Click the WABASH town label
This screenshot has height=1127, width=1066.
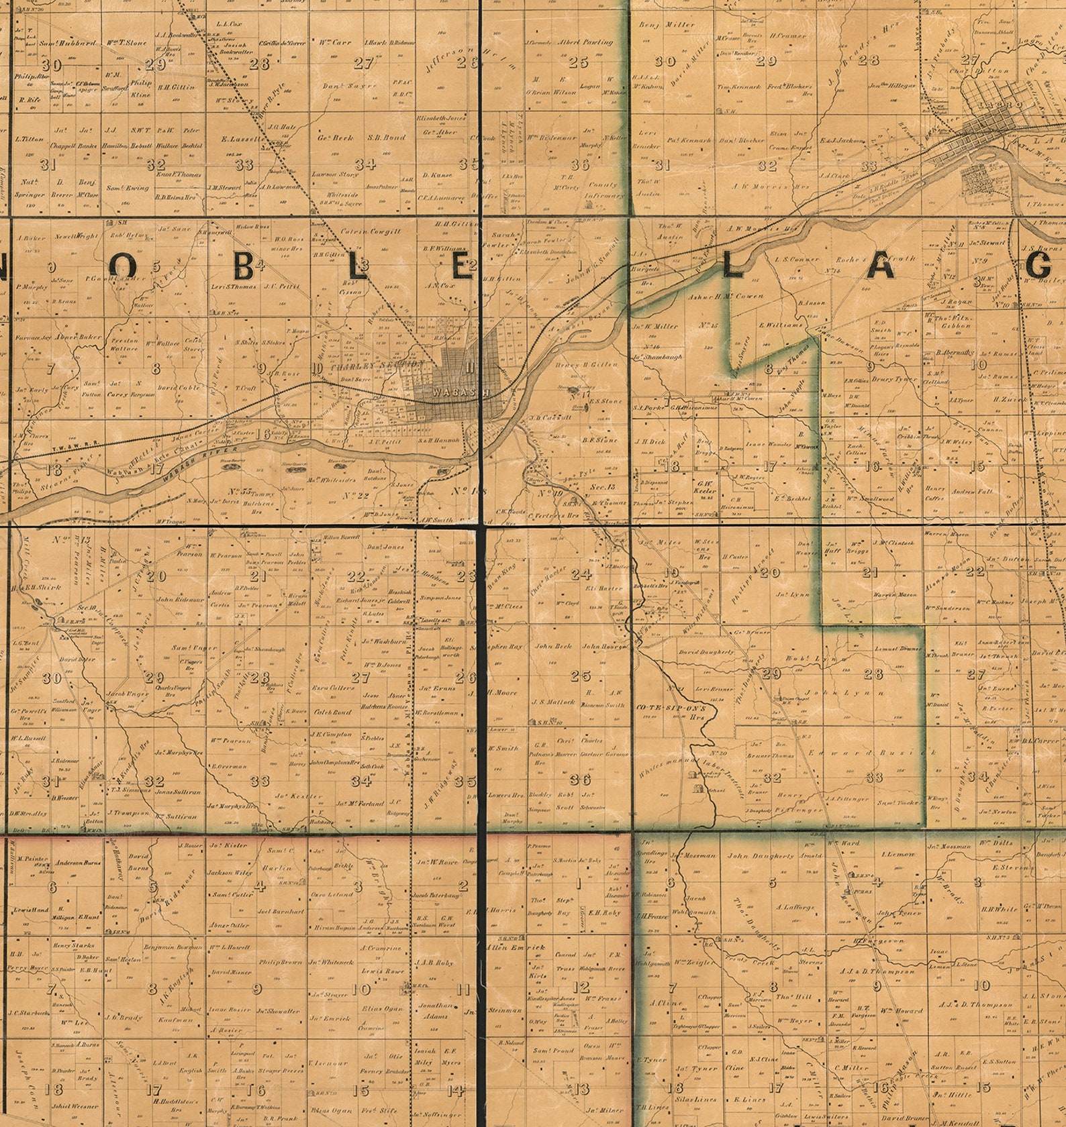pos(453,390)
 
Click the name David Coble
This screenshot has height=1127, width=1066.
pos(179,388)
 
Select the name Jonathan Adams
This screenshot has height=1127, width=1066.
pos(436,1010)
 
